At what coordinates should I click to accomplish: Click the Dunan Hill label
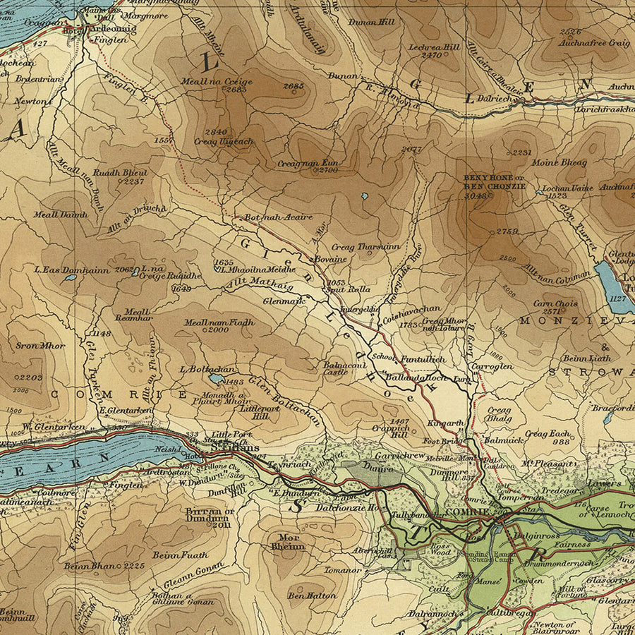click(371, 22)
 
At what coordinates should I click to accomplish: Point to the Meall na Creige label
click(226, 81)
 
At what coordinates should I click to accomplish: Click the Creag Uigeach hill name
click(223, 141)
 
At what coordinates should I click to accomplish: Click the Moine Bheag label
click(562, 163)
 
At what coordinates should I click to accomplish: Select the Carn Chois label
click(555, 304)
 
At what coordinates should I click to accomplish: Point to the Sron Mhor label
click(40, 346)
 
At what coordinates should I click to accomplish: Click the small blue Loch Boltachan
click(217, 379)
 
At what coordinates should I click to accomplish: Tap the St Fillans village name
click(238, 447)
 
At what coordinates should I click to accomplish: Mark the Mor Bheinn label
click(288, 540)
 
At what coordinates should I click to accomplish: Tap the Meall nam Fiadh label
click(218, 322)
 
